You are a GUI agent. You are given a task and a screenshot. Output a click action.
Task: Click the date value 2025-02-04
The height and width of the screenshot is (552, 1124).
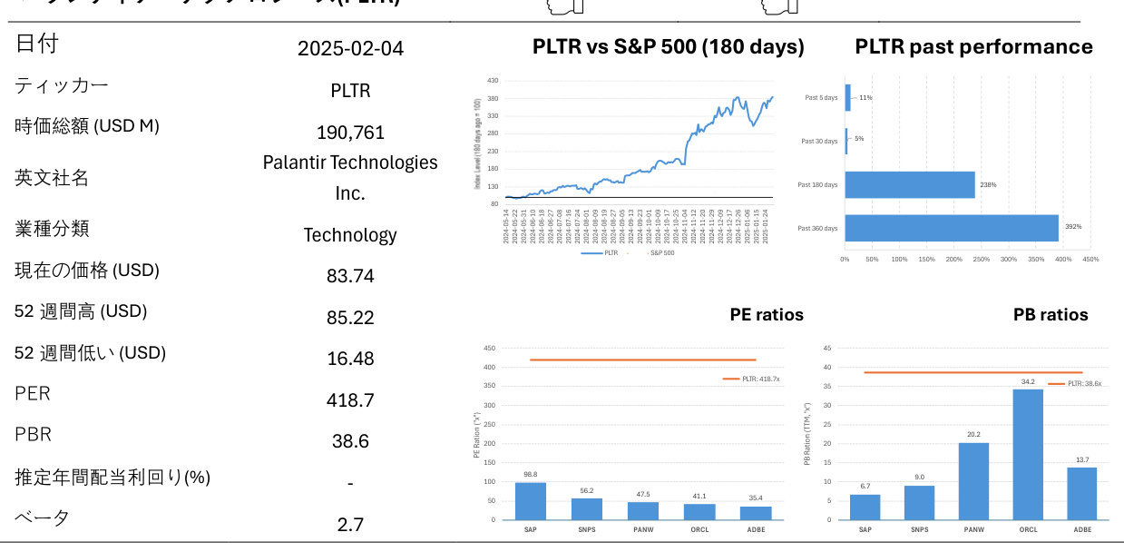[x=350, y=48]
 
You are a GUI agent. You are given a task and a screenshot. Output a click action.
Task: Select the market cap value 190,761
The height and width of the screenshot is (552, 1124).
[x=350, y=133]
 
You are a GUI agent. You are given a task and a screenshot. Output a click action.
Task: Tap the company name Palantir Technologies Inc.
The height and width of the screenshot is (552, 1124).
[x=350, y=177]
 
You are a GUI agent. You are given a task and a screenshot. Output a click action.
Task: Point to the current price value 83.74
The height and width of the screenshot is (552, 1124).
[x=350, y=276]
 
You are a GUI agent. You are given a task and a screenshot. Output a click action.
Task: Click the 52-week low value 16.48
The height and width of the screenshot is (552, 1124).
[x=350, y=359]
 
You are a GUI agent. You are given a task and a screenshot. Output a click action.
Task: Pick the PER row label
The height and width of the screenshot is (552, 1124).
[x=33, y=394]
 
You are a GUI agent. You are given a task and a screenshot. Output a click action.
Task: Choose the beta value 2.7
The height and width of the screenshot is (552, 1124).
[x=350, y=525]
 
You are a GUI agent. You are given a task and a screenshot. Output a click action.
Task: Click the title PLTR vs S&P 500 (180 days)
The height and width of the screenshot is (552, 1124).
[x=668, y=47]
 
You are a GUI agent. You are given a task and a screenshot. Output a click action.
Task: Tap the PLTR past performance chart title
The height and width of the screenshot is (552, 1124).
[x=973, y=47]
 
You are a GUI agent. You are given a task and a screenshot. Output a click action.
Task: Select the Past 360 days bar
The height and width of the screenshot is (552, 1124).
[x=952, y=228]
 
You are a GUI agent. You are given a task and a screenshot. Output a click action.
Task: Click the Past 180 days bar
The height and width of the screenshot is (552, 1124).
[x=910, y=184]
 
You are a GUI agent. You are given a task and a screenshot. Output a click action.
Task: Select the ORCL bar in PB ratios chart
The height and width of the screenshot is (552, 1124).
[x=1028, y=454]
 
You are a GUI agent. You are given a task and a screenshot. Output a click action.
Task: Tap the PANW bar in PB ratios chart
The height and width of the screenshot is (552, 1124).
[x=973, y=481]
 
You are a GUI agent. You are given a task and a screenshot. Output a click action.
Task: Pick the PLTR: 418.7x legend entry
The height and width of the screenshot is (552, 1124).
[x=753, y=379]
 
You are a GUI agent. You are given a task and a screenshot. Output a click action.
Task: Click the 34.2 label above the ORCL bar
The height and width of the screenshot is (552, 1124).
[x=1028, y=382]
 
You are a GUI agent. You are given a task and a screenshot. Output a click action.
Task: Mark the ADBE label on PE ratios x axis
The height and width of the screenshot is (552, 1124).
[x=755, y=528]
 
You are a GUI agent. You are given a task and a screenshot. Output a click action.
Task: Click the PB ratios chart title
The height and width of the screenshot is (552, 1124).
[x=1051, y=315]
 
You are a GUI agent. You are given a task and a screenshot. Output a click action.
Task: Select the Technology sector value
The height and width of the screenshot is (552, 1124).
[x=350, y=235]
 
